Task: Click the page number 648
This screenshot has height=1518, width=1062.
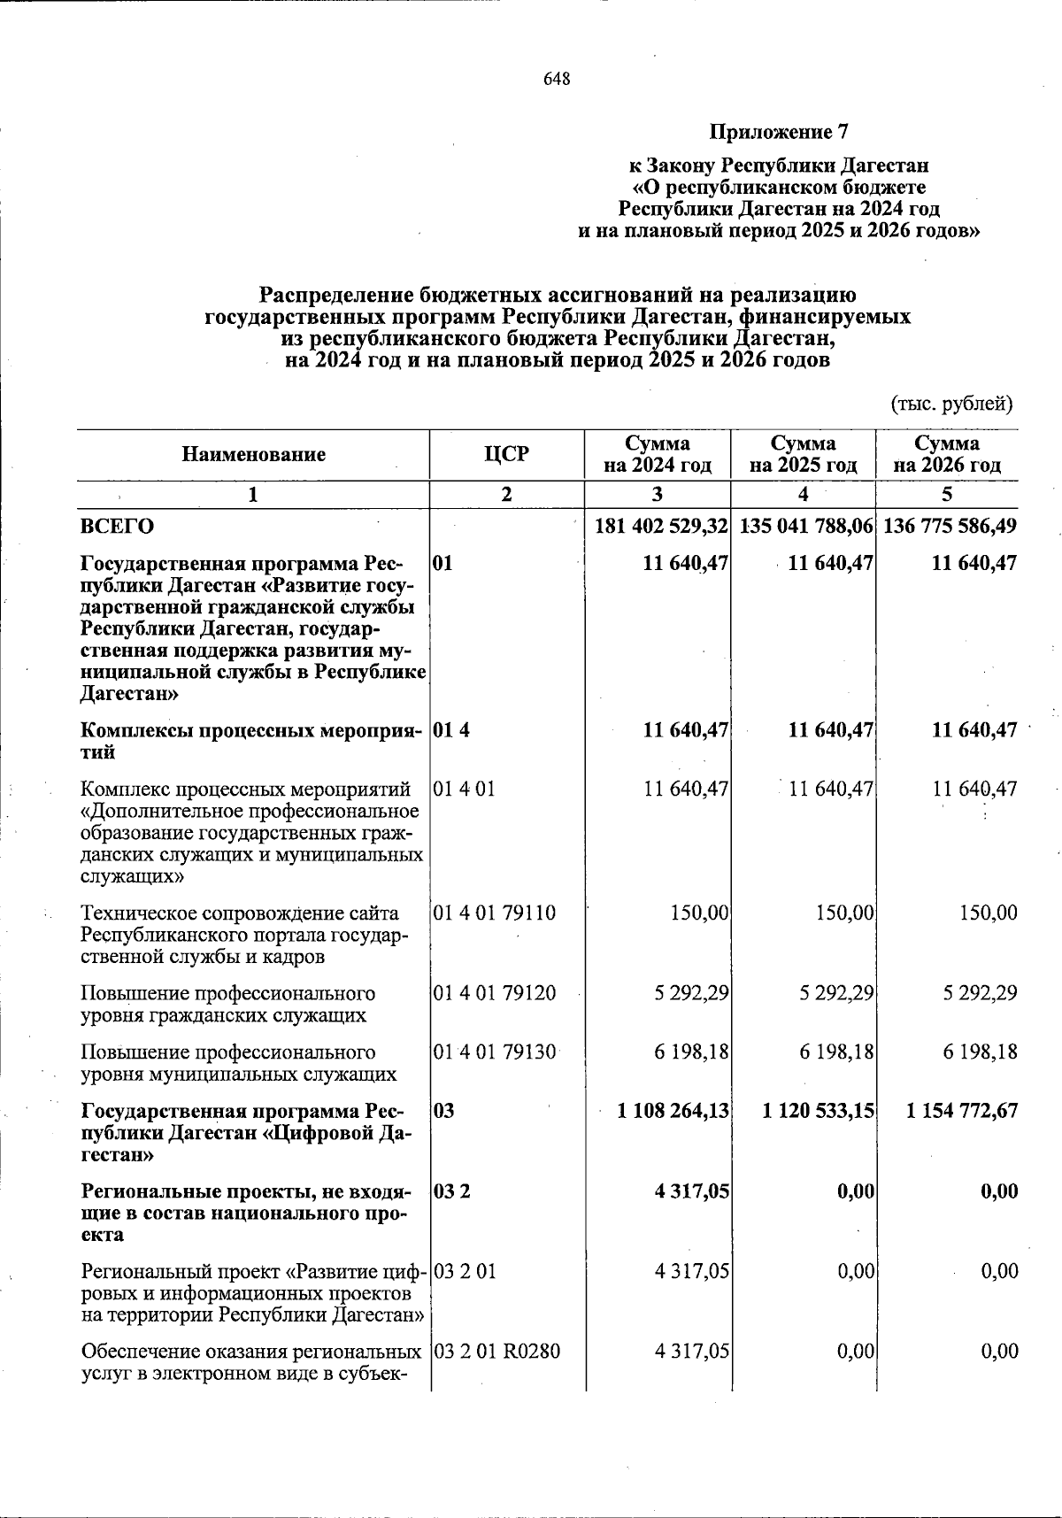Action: (x=557, y=80)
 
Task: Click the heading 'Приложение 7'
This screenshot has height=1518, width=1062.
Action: (x=779, y=133)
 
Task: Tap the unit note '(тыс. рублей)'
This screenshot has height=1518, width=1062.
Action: (x=950, y=405)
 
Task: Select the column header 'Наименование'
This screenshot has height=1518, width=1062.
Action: (x=254, y=454)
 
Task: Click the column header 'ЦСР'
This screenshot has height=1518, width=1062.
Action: (x=506, y=454)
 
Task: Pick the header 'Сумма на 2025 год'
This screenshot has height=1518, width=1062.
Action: (x=803, y=454)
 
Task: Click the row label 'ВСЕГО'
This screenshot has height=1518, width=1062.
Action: (x=117, y=526)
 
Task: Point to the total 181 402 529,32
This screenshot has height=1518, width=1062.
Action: (x=661, y=526)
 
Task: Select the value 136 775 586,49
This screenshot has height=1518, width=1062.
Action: (x=949, y=526)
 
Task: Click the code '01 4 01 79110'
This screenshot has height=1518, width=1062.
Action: (x=495, y=913)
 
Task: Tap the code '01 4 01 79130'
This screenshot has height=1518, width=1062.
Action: (x=495, y=1052)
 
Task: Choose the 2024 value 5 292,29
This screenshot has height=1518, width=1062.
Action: (x=692, y=993)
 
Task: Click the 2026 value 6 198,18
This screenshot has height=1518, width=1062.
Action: (x=980, y=1052)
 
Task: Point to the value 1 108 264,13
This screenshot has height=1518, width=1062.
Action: (x=673, y=1110)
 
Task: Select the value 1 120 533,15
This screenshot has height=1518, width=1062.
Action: (x=819, y=1110)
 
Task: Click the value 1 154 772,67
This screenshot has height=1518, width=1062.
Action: (x=962, y=1110)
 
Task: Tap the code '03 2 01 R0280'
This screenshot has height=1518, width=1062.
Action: (x=496, y=1352)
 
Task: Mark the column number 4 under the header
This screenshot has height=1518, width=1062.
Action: (x=803, y=494)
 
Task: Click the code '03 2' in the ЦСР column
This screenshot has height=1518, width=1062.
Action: (x=452, y=1191)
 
